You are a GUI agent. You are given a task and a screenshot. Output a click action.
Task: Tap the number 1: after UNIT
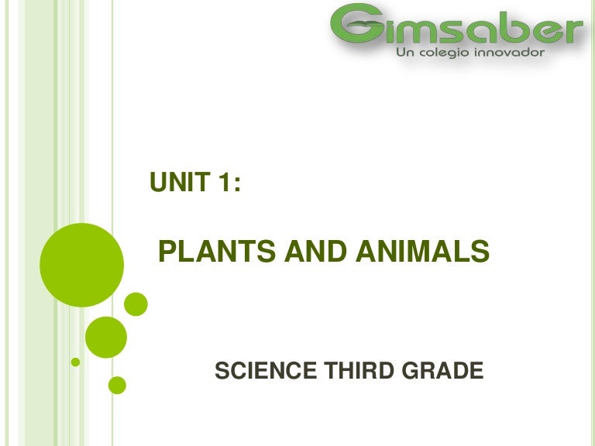tap(225, 184)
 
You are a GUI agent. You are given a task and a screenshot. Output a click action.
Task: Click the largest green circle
tap(82, 265)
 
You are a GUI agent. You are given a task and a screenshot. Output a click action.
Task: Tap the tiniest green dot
tap(75, 362)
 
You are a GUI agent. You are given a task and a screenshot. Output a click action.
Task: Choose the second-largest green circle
tap(105, 337)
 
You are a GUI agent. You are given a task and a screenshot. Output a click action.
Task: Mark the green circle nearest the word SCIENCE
tap(118, 384)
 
